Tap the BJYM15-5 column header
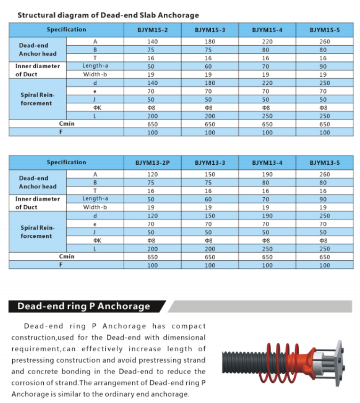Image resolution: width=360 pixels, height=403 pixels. [x=324, y=30]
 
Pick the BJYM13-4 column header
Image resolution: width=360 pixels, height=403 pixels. [x=267, y=162]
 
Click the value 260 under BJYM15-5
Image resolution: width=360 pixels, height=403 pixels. [x=324, y=42]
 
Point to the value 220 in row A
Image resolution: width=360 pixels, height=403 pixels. [x=267, y=42]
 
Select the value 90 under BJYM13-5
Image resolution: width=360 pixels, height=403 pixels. [x=324, y=199]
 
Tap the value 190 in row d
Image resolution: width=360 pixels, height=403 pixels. [x=267, y=216]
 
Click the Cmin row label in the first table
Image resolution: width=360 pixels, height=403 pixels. [x=66, y=124]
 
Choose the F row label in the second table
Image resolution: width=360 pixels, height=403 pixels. [x=66, y=265]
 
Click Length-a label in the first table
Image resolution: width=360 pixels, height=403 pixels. [x=95, y=66]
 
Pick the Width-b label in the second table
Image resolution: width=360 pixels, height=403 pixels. [x=95, y=207]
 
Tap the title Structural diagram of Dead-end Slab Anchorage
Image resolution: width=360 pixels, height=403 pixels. [x=108, y=15]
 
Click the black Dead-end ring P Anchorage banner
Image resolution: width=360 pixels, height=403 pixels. [x=84, y=306]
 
